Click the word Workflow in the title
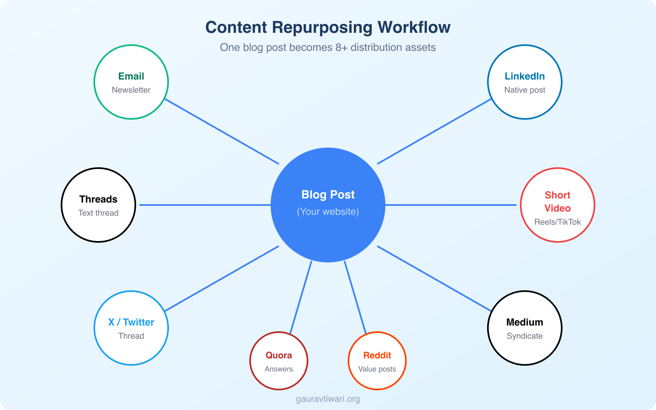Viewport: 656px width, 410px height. pyautogui.click(x=414, y=27)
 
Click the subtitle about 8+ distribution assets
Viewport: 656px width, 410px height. pyautogui.click(x=328, y=48)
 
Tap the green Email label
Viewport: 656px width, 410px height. pyautogui.click(x=131, y=76)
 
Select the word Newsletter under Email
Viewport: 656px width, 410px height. pyautogui.click(x=131, y=90)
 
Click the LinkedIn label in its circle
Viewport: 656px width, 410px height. pyautogui.click(x=524, y=76)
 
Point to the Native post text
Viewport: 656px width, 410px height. pyautogui.click(x=524, y=90)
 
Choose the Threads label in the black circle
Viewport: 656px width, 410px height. pyautogui.click(x=98, y=199)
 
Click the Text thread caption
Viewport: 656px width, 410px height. pyautogui.click(x=98, y=213)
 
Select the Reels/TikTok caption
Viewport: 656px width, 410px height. pyautogui.click(x=557, y=222)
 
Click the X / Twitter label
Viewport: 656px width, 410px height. pyautogui.click(x=131, y=322)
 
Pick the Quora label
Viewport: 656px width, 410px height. pyautogui.click(x=279, y=355)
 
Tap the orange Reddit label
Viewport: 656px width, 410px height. pyautogui.click(x=377, y=355)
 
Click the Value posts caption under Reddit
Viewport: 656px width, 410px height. pyautogui.click(x=377, y=369)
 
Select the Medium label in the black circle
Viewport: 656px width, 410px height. pyautogui.click(x=524, y=322)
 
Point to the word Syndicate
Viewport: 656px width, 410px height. pyautogui.click(x=524, y=336)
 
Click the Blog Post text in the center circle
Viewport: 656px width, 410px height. pyautogui.click(x=328, y=195)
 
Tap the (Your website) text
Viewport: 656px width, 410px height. pyautogui.click(x=328, y=212)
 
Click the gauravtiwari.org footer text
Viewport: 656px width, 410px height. pyautogui.click(x=328, y=399)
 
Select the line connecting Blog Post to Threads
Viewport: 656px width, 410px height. pyautogui.click(x=205, y=205)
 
